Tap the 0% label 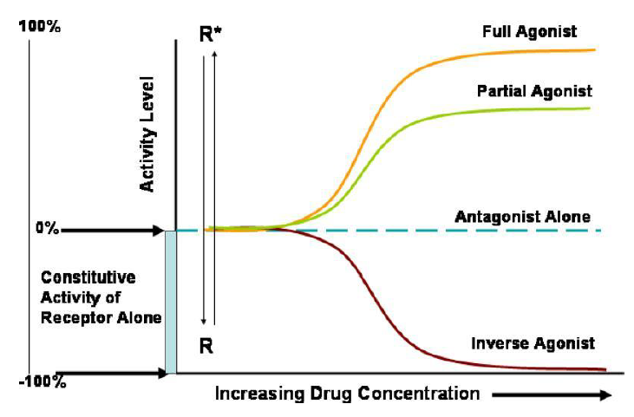(47, 230)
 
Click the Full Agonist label (529, 32)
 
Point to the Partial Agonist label (534, 91)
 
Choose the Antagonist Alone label (522, 216)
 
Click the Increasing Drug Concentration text (346, 394)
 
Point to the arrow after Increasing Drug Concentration (555, 394)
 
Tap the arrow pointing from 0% (113, 231)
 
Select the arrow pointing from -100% (113, 375)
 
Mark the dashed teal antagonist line (434, 231)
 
